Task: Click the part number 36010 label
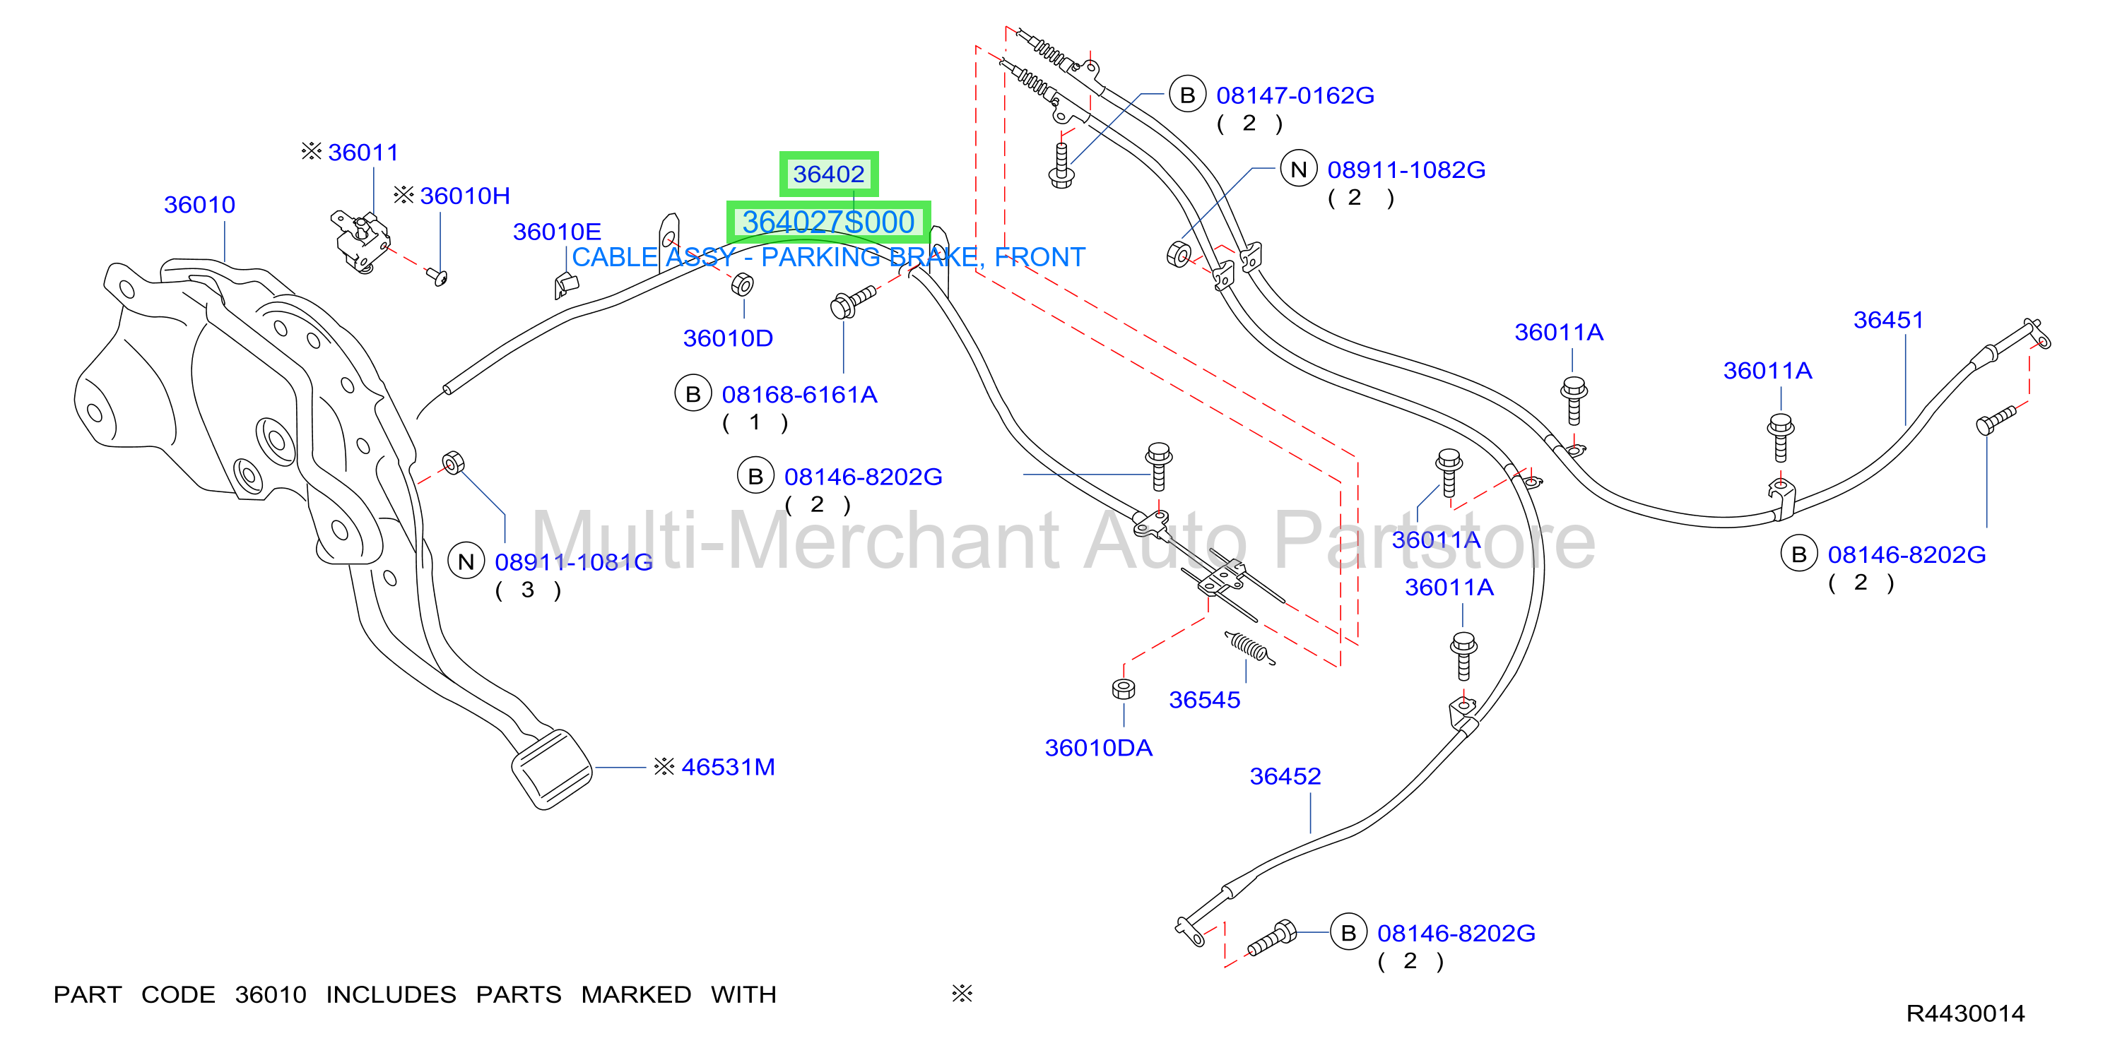coord(200,205)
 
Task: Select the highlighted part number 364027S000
coord(828,222)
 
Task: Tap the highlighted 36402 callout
coord(828,174)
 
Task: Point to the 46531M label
coord(727,767)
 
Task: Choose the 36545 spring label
coord(1204,700)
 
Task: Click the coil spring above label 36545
coord(1249,648)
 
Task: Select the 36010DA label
coord(1098,748)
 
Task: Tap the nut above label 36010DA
coord(1123,689)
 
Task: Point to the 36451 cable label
coord(1888,319)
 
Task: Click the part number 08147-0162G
coord(1295,96)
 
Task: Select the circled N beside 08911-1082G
coord(1299,169)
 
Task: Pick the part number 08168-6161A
coord(799,395)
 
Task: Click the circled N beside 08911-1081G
coord(466,561)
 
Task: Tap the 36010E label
coord(557,232)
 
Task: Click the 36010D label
coord(727,338)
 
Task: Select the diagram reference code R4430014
coord(1965,1013)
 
